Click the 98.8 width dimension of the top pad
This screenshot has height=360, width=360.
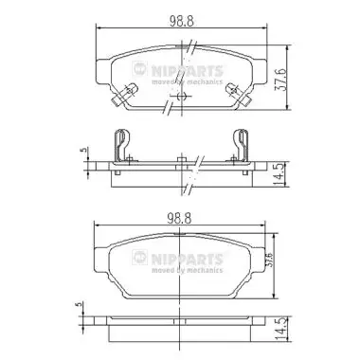pyautogui.click(x=182, y=21)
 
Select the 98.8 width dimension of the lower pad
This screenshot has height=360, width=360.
pyautogui.click(x=179, y=218)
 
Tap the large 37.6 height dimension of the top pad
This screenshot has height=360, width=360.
pyautogui.click(x=280, y=79)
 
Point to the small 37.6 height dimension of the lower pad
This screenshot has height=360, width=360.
pyautogui.click(x=268, y=260)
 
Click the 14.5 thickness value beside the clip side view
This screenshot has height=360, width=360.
pyautogui.click(x=279, y=174)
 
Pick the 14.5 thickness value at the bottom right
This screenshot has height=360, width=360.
pyautogui.click(x=280, y=329)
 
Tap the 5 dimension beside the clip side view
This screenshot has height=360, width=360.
pyautogui.click(x=83, y=150)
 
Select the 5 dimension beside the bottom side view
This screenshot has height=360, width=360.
pyautogui.click(x=79, y=304)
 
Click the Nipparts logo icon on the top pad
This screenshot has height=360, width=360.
pyautogui.click(x=140, y=68)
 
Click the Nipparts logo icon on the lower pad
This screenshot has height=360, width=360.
pyautogui.click(x=140, y=257)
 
